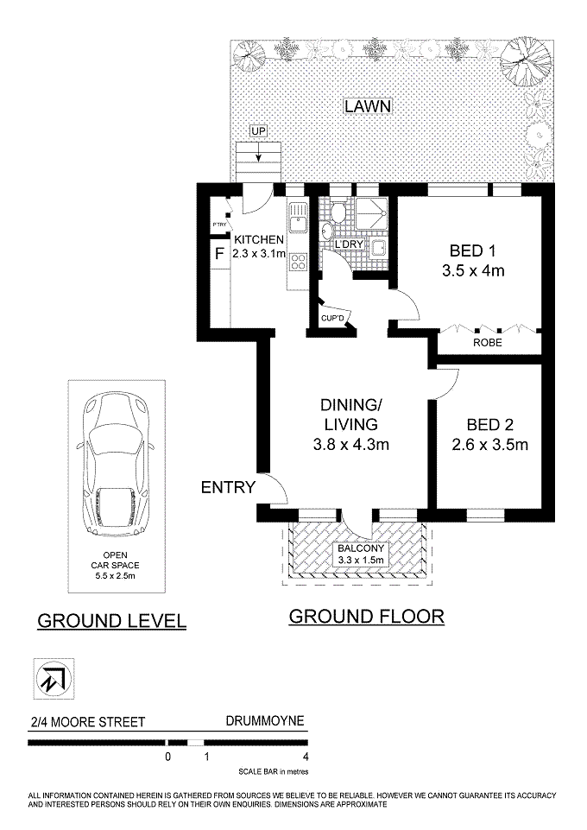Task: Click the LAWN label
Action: click(368, 106)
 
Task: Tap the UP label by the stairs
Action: click(259, 130)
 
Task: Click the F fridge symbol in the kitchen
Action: click(219, 254)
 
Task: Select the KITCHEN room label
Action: click(259, 240)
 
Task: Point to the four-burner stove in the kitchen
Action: click(299, 262)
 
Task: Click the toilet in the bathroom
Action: click(338, 212)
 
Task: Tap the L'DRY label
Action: click(349, 244)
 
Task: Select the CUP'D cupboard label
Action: click(332, 318)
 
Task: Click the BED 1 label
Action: click(472, 250)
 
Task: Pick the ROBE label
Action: click(487, 343)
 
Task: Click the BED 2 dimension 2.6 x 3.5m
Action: click(489, 445)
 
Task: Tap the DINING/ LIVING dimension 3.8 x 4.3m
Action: click(351, 444)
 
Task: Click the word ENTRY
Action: click(229, 487)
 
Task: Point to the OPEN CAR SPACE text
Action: click(116, 566)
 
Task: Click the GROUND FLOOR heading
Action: click(367, 617)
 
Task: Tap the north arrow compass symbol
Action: click(54, 678)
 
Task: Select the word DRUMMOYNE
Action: click(265, 721)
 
